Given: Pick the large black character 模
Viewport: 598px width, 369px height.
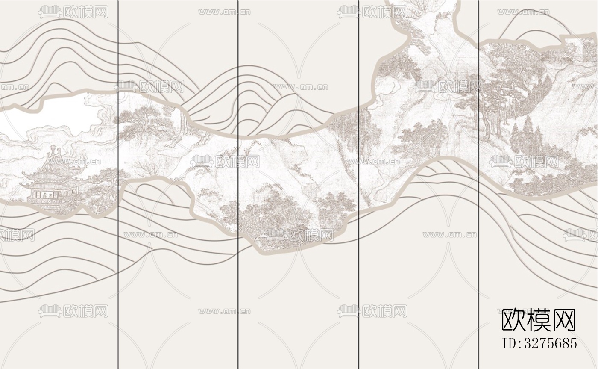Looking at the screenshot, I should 539,320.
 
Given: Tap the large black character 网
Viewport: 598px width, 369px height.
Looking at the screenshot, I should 564,320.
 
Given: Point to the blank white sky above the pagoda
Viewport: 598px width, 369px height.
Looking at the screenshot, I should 64,113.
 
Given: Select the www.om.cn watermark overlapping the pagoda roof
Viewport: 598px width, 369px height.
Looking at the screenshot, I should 73,162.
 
